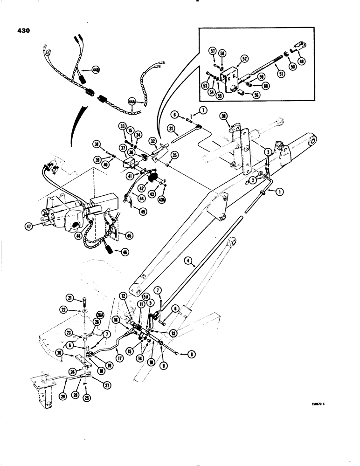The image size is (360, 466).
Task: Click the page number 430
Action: coord(21,31)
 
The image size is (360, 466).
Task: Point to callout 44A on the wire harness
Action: coord(132,100)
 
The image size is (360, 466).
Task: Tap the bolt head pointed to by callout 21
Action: coord(84,299)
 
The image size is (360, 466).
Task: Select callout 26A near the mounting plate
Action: coord(100,314)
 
